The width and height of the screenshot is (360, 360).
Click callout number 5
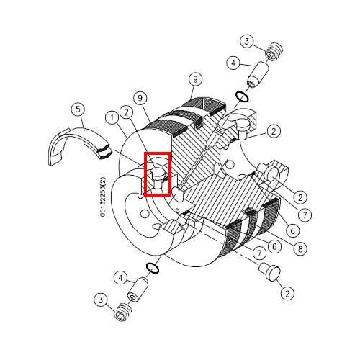(78, 109)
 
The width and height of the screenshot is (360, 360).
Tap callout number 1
(112, 116)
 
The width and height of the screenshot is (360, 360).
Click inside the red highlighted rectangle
(157, 174)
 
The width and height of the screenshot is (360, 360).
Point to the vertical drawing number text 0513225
(104, 194)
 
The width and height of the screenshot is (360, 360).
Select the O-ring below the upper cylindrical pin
(243, 96)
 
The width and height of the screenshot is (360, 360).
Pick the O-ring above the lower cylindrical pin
(152, 268)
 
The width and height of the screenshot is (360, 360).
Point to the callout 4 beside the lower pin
(121, 277)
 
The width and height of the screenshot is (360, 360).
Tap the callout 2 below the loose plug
(287, 293)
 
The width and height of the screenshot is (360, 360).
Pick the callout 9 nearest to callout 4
(194, 78)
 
